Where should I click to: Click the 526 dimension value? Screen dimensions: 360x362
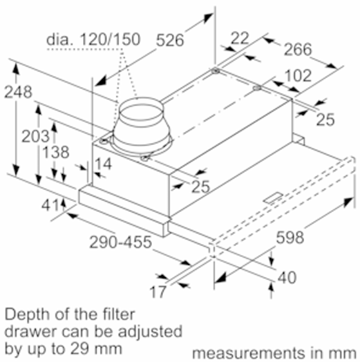point(170,40)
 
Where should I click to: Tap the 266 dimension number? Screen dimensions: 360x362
point(298,49)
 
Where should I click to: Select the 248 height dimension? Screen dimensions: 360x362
point(18,92)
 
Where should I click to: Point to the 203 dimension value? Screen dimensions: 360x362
point(35,136)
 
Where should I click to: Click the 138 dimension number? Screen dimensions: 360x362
point(56,152)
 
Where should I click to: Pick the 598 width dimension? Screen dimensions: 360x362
point(290,238)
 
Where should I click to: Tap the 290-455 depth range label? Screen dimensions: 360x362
point(120,242)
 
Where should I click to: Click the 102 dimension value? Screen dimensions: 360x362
point(298,75)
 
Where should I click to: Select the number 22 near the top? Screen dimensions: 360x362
point(240,38)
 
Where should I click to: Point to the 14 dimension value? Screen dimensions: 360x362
point(103,164)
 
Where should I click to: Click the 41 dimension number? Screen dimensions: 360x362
point(50,205)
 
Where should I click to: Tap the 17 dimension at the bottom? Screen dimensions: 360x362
point(158,292)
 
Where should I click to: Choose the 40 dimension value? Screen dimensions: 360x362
point(287,278)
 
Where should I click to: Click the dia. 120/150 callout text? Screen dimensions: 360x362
point(93,39)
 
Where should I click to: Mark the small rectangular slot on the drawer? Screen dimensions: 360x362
point(274,198)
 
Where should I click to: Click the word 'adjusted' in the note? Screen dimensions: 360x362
point(150,332)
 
